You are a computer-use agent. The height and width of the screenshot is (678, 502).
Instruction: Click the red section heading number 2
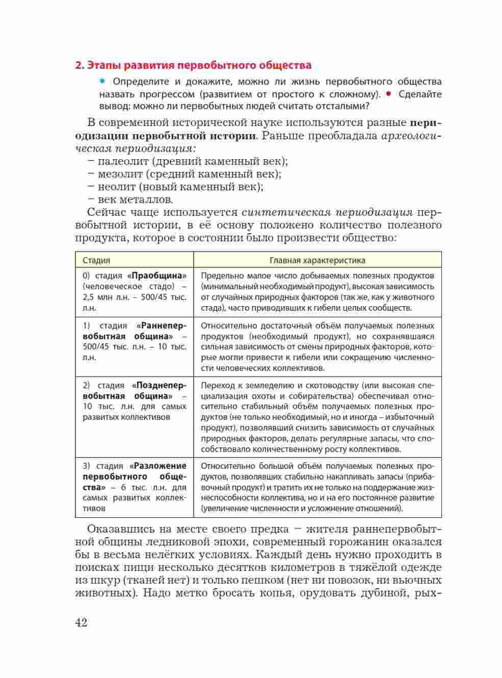point(78,65)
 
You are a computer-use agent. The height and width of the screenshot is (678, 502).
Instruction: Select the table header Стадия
point(96,260)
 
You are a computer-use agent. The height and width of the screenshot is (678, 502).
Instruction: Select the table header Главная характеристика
point(317,260)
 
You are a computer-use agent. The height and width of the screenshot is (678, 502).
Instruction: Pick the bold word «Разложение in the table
point(158,466)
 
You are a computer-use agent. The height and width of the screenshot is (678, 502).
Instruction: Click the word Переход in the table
point(221,386)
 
